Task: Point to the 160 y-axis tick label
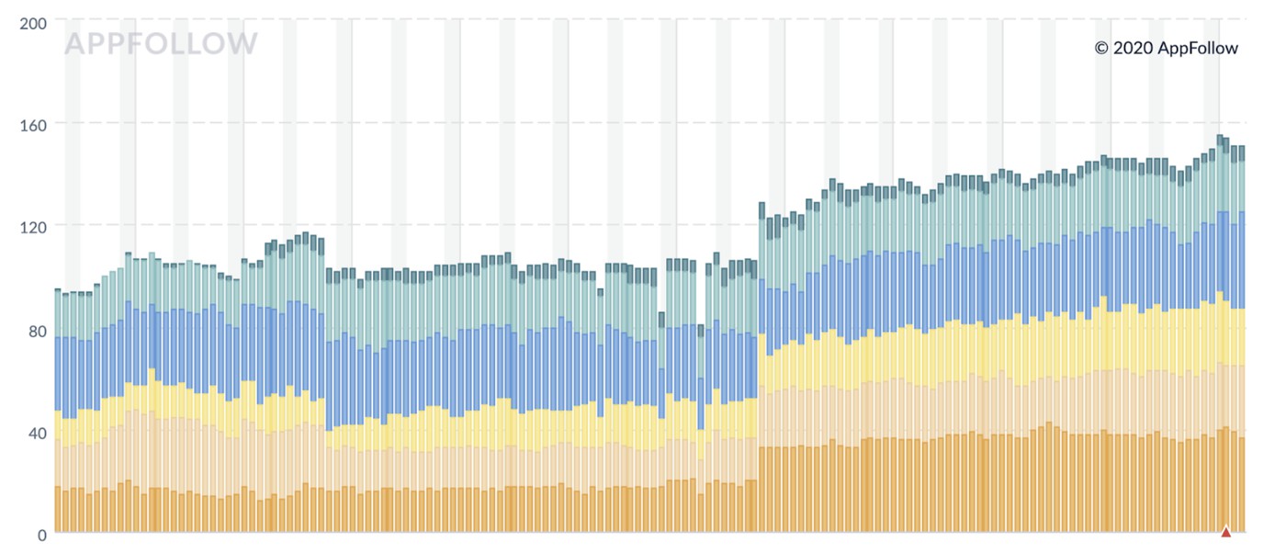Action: pos(33,123)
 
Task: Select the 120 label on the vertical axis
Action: pos(33,226)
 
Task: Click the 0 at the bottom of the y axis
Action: pos(41,535)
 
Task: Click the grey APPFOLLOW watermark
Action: pos(161,43)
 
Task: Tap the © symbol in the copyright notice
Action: pos(1101,49)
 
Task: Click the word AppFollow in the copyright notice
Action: pos(1198,49)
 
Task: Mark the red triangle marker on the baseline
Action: pos(1225,531)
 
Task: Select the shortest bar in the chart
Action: pos(661,423)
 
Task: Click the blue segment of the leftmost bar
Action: pos(57,373)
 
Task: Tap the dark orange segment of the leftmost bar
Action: pos(57,509)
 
